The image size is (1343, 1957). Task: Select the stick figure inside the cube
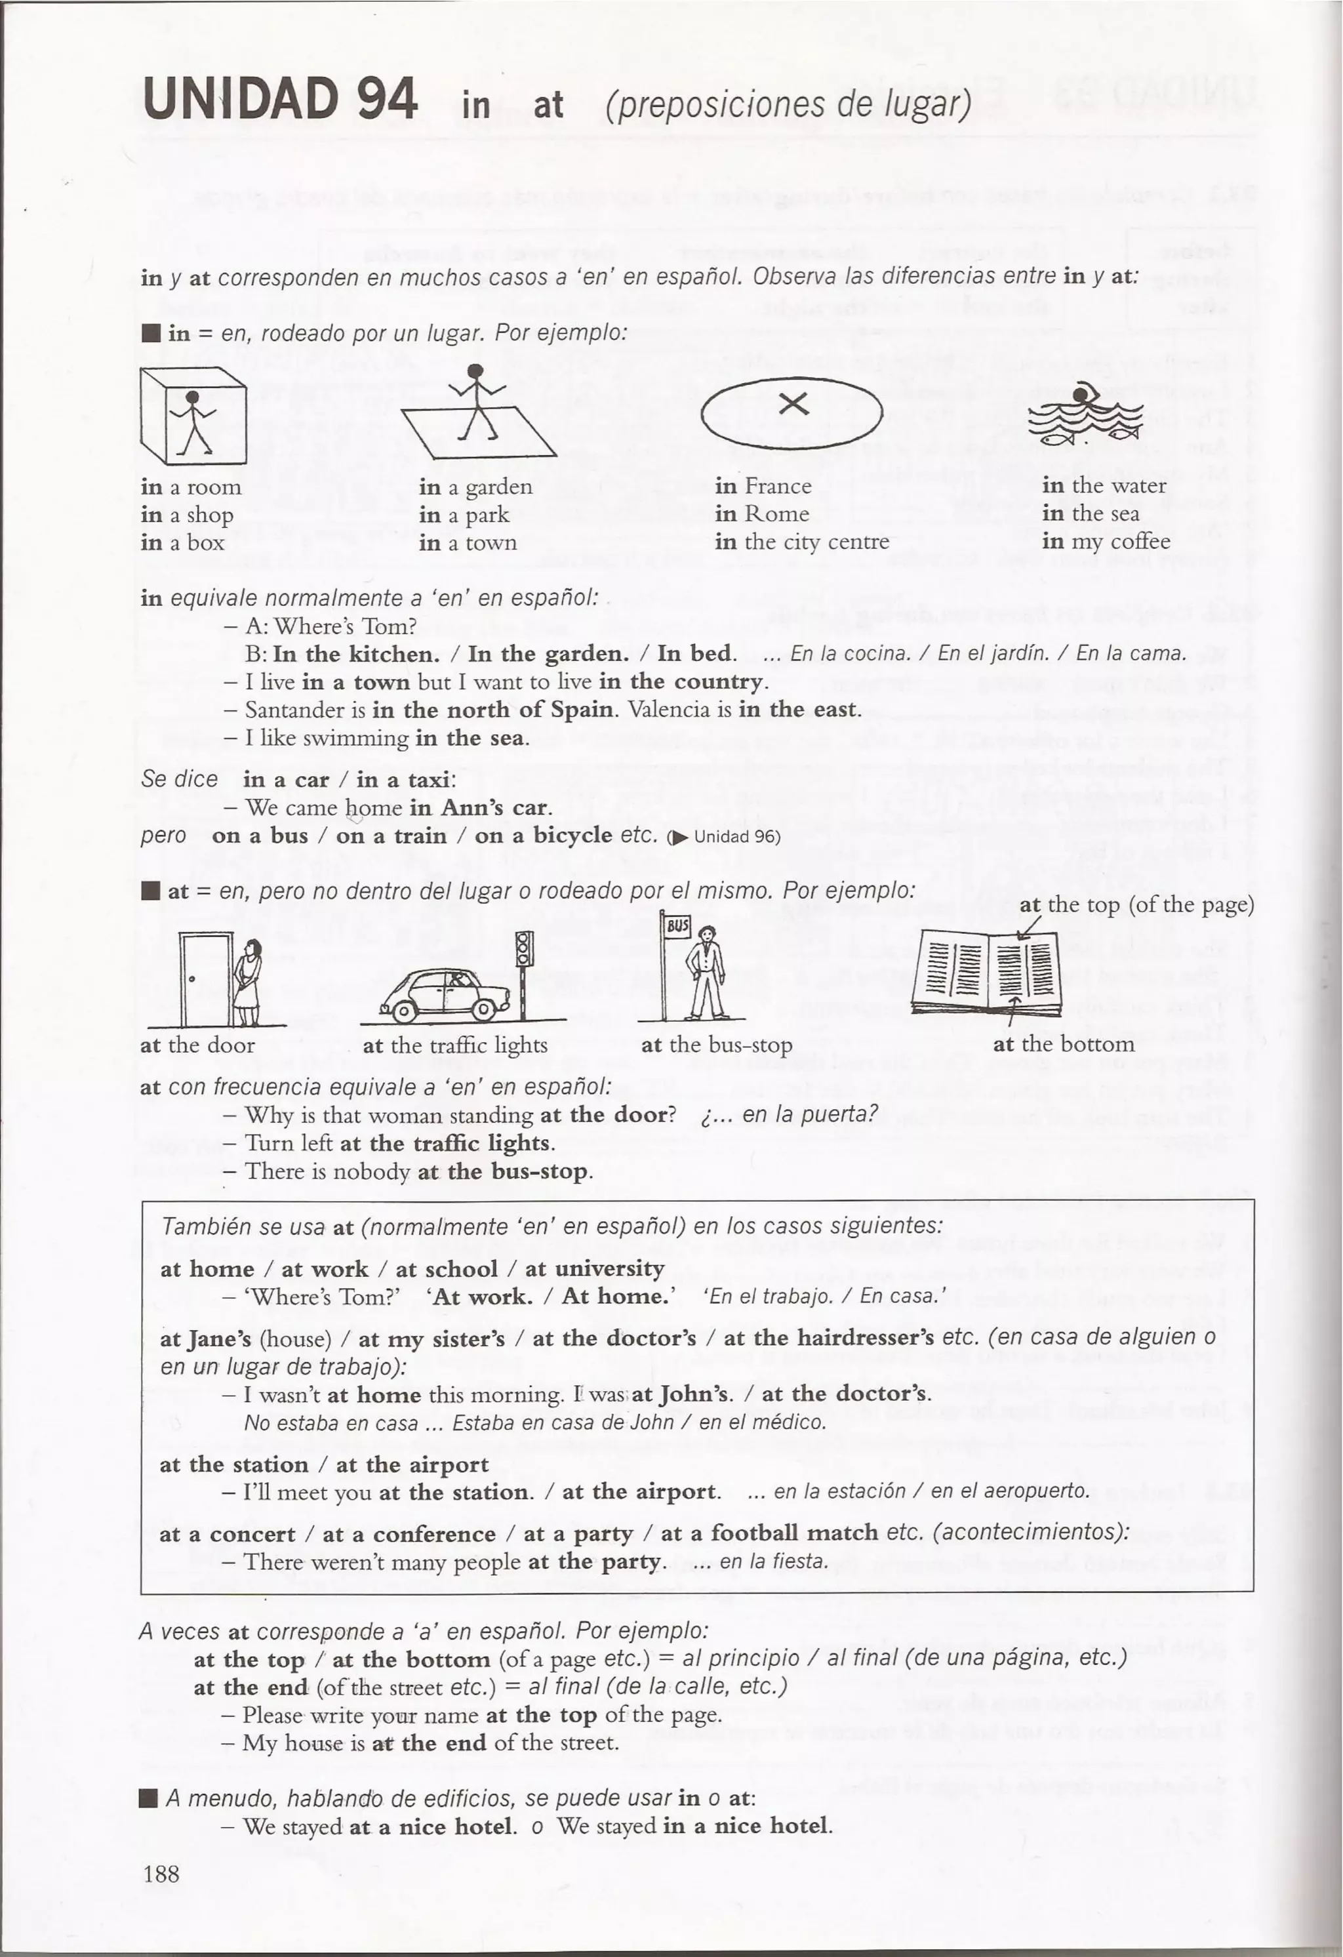[193, 421]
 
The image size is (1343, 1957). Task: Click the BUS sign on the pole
[677, 926]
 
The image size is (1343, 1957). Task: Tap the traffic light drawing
[524, 952]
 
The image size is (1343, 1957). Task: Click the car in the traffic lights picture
[444, 994]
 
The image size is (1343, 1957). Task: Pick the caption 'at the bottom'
[1064, 1044]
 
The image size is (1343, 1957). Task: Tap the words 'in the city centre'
[801, 542]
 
